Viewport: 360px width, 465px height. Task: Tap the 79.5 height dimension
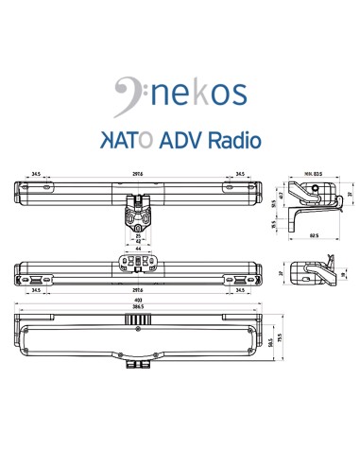pos(282,337)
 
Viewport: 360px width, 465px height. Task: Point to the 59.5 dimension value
pos(271,342)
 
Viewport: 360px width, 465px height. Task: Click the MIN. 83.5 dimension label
pos(313,173)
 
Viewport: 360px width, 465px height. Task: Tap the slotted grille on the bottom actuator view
pos(140,320)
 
